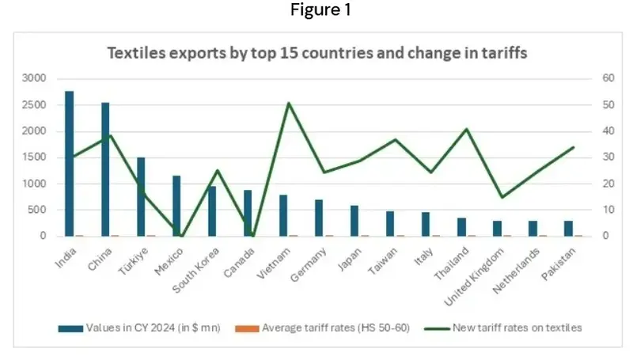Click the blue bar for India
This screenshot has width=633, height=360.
pos(70,164)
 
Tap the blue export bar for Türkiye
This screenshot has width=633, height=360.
pos(141,197)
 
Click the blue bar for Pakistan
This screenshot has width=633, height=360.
pos(568,229)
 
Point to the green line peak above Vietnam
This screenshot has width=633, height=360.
pos(289,103)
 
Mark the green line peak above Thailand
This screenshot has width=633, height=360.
pos(467,129)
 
